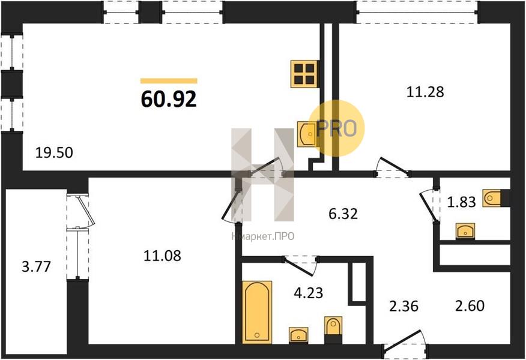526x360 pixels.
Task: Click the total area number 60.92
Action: pyautogui.click(x=169, y=99)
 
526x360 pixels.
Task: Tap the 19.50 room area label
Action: pyautogui.click(x=54, y=153)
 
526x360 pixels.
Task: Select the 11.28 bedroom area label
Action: pyautogui.click(x=425, y=92)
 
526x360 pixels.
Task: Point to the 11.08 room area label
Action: pyautogui.click(x=162, y=256)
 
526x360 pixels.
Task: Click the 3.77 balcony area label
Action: pyautogui.click(x=36, y=267)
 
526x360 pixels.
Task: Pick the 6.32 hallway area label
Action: pyautogui.click(x=343, y=214)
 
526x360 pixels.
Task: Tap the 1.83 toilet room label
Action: pyautogui.click(x=462, y=202)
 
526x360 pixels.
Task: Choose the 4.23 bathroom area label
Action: pyautogui.click(x=308, y=293)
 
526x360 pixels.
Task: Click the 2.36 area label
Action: pyautogui.click(x=404, y=307)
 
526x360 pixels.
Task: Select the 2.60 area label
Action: pyautogui.click(x=470, y=305)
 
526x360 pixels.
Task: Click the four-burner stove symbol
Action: pyautogui.click(x=304, y=74)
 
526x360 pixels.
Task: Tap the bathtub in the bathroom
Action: pyautogui.click(x=257, y=312)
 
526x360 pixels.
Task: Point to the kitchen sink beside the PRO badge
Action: pyautogui.click(x=307, y=134)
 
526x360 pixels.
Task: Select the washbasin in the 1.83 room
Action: pyautogui.click(x=465, y=231)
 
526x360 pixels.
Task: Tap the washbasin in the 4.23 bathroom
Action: pyautogui.click(x=298, y=335)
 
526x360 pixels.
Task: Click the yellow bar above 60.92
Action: pyautogui.click(x=169, y=81)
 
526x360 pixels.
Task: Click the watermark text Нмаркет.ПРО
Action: pyautogui.click(x=262, y=236)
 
